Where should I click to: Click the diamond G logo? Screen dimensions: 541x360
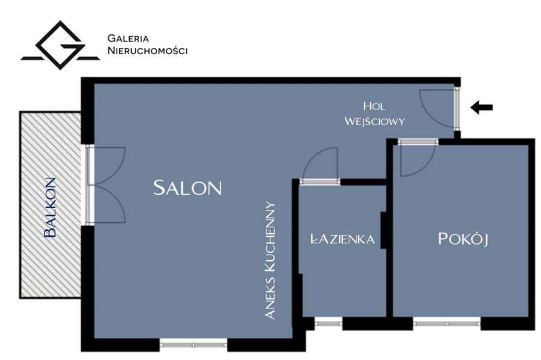60,45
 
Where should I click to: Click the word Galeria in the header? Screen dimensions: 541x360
128,38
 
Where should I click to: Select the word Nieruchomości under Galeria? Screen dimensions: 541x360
148,50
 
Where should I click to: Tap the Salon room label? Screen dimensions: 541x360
188,188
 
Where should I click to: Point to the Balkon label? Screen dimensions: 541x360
50,207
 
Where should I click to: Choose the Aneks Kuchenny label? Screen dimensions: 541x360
270,260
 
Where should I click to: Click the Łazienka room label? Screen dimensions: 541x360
343,239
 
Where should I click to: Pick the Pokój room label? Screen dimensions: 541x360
463,239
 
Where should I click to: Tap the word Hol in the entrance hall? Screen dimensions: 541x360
374,106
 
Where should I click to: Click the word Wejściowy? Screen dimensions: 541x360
374,121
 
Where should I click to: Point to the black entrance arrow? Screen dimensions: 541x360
481,107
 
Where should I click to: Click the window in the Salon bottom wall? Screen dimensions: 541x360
194,344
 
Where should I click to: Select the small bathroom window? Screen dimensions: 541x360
328,323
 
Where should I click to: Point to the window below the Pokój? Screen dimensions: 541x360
447,323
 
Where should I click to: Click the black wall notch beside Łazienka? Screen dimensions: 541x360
384,230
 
